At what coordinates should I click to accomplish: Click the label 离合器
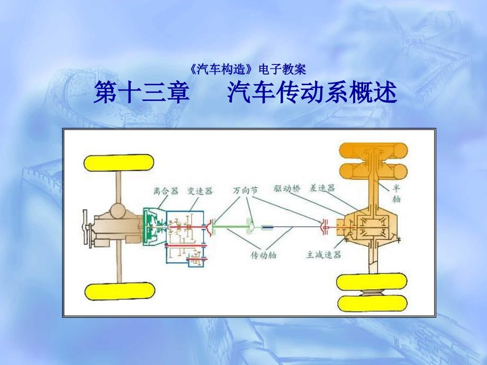165,191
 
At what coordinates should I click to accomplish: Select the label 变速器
200,191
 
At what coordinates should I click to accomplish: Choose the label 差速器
322,188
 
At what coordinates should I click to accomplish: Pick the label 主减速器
323,254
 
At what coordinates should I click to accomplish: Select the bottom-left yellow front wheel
119,291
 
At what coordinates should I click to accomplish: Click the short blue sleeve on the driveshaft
268,227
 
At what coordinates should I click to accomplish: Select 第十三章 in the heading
141,94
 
